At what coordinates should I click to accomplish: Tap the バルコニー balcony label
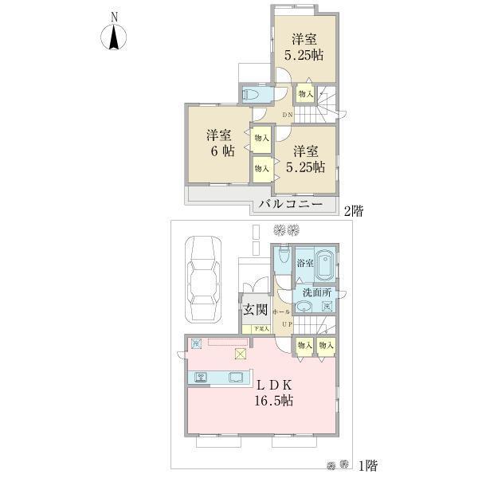point(290,204)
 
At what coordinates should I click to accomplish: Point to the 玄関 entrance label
point(255,310)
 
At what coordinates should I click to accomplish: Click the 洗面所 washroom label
point(316,292)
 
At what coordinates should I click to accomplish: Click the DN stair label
point(288,116)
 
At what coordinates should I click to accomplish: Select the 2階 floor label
point(354,211)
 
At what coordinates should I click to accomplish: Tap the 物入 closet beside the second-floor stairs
point(304,95)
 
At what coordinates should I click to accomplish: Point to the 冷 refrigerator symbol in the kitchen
point(196,344)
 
